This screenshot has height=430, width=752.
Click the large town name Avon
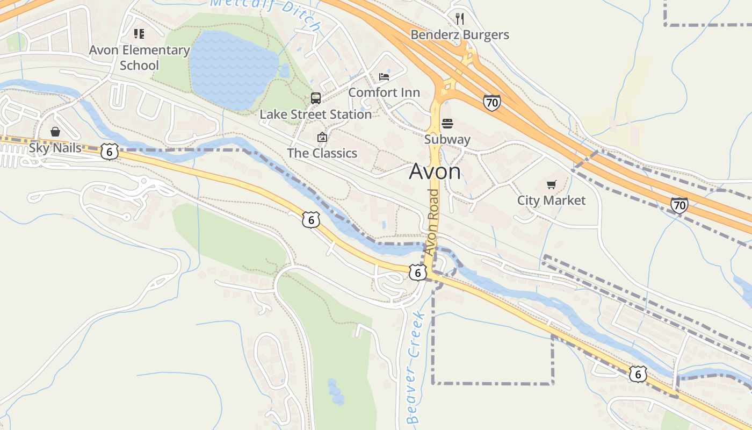435,171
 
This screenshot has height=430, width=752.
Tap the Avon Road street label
432,222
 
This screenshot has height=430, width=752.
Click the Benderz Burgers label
460,35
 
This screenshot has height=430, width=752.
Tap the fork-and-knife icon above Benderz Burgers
459,19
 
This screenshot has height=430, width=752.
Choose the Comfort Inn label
384,92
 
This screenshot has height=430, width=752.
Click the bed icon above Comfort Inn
384,76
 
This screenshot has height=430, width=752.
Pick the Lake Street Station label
316,114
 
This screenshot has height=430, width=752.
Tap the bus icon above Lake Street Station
316,98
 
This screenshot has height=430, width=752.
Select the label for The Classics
322,153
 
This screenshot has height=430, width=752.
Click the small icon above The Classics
322,138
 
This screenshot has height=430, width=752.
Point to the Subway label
447,140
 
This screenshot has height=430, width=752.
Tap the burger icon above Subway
447,124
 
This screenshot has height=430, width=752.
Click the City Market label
551,200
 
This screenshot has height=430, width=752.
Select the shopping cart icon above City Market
551,185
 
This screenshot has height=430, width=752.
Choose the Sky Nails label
55,148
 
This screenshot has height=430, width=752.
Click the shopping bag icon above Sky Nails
55,132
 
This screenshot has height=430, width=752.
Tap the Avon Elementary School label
139,58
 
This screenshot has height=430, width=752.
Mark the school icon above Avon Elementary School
139,34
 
